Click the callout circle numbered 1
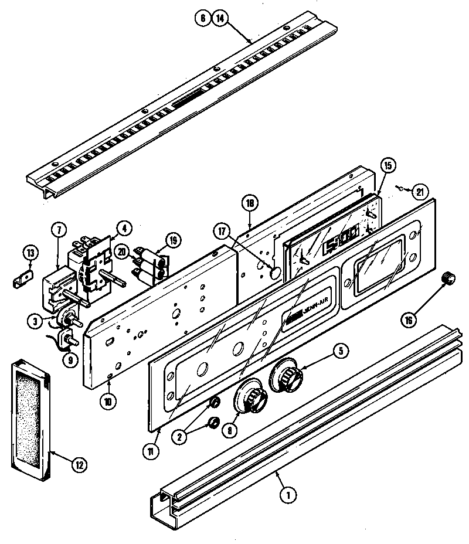click(287, 494)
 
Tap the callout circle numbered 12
click(78, 466)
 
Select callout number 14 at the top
click(220, 18)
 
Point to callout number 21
click(420, 191)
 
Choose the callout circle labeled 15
click(387, 165)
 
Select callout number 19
click(174, 240)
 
